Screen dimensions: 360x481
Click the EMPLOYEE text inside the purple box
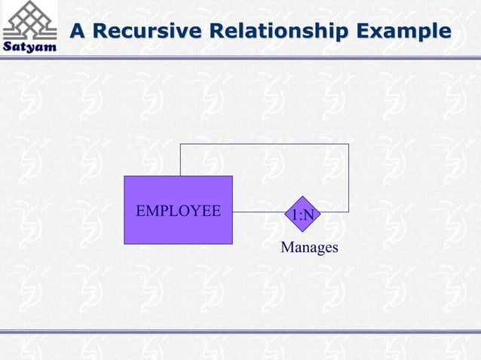tap(178, 210)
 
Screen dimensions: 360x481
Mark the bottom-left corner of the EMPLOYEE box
tap(124, 243)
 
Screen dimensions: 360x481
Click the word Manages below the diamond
tap(309, 247)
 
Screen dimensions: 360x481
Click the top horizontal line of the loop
tap(264, 144)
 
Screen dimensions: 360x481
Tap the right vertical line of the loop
tap(348, 178)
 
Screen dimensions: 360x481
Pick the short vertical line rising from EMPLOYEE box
tap(180, 160)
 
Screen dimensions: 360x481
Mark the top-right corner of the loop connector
tap(348, 144)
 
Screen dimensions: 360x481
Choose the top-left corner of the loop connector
tap(180, 144)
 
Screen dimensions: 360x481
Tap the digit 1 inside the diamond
tap(295, 216)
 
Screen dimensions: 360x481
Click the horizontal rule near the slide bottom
tap(240, 331)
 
